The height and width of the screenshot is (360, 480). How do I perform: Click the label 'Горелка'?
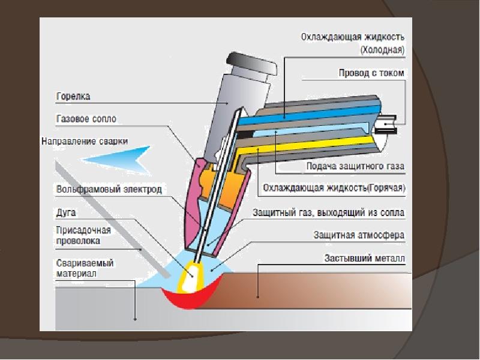click(x=73, y=96)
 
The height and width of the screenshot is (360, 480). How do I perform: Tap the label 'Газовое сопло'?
click(x=86, y=118)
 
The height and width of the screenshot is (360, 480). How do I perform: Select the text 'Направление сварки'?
click(x=85, y=141)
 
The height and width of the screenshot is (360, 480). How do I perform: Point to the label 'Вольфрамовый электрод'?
click(x=109, y=189)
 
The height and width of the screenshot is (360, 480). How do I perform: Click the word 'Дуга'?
click(x=66, y=212)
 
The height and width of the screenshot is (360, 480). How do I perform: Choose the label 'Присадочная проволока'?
click(x=83, y=235)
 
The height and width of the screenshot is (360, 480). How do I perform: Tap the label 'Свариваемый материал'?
click(x=85, y=268)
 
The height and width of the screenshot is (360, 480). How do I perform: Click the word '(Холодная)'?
click(x=382, y=50)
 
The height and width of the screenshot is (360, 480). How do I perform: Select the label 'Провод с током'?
click(x=371, y=73)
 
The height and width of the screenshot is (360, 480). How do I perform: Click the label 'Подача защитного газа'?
click(x=355, y=166)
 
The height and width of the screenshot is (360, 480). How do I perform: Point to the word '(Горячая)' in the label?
click(x=386, y=188)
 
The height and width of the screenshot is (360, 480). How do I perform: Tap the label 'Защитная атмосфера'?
click(x=359, y=235)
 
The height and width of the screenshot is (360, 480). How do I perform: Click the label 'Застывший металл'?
click(x=365, y=258)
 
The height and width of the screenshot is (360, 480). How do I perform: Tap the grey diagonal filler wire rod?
click(x=112, y=218)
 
